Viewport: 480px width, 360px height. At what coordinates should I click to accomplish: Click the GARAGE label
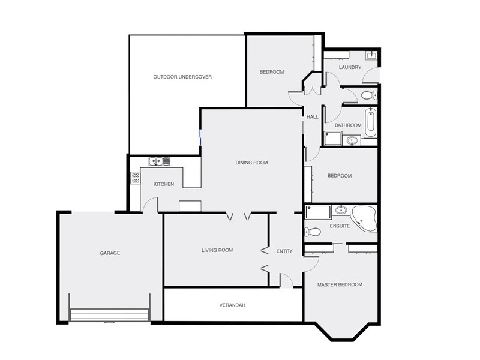(110, 253)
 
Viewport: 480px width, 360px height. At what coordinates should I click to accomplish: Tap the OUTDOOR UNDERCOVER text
(182, 77)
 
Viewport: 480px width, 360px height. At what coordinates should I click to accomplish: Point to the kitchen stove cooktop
(136, 178)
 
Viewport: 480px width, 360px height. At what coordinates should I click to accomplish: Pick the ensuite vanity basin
(341, 210)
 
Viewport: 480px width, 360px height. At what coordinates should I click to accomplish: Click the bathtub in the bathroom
(370, 122)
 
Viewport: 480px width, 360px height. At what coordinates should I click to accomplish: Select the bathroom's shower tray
(332, 139)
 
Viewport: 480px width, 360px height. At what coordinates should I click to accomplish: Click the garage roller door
(109, 315)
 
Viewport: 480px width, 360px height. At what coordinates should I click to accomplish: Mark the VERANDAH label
(233, 305)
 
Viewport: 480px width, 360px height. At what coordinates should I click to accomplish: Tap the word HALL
(313, 117)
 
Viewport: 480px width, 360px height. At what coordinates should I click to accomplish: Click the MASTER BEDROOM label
(340, 284)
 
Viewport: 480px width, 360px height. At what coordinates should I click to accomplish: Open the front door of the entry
(286, 280)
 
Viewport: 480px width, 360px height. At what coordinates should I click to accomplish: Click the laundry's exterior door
(373, 76)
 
